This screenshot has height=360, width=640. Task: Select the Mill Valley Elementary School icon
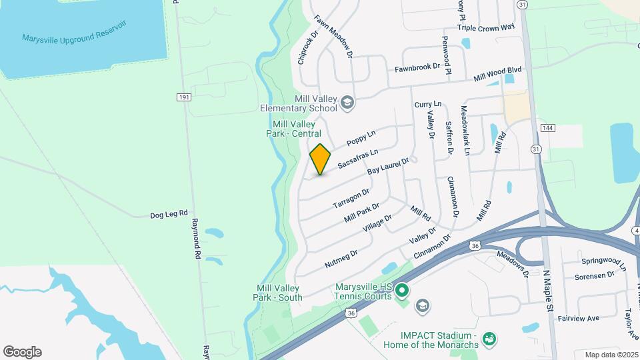(347, 103)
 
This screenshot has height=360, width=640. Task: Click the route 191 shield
(185, 97)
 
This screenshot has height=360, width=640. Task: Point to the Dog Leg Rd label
(169, 215)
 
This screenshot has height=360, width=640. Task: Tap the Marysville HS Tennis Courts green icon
(401, 291)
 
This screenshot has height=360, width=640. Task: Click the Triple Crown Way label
(486, 27)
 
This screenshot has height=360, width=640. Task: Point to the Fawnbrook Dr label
(417, 67)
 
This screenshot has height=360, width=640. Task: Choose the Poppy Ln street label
(361, 138)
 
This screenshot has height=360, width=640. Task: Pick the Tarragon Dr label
(351, 198)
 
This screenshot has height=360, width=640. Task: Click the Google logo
(22, 352)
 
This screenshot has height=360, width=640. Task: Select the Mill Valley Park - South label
(279, 293)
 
